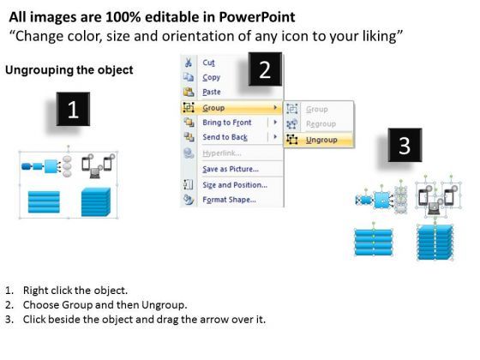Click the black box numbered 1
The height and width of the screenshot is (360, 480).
(73, 109)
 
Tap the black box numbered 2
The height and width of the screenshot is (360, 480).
(265, 69)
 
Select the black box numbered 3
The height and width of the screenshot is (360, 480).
(405, 145)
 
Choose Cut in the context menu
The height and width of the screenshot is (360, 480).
(209, 63)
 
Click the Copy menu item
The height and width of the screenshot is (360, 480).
(211, 77)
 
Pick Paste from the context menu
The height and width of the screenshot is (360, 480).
(212, 92)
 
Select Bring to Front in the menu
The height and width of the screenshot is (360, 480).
(227, 123)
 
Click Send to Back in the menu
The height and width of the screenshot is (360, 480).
(225, 137)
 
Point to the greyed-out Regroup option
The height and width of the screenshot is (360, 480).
(321, 124)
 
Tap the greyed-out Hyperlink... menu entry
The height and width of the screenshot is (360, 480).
(222, 153)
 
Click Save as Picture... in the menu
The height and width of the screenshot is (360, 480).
(231, 169)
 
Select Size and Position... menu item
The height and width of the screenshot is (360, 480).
(235, 185)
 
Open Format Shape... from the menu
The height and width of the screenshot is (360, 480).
(230, 200)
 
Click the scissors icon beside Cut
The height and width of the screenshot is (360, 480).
(189, 63)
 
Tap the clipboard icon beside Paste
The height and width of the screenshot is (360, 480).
(189, 92)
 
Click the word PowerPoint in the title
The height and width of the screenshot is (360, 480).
(257, 17)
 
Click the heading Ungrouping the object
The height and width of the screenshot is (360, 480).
(69, 70)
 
